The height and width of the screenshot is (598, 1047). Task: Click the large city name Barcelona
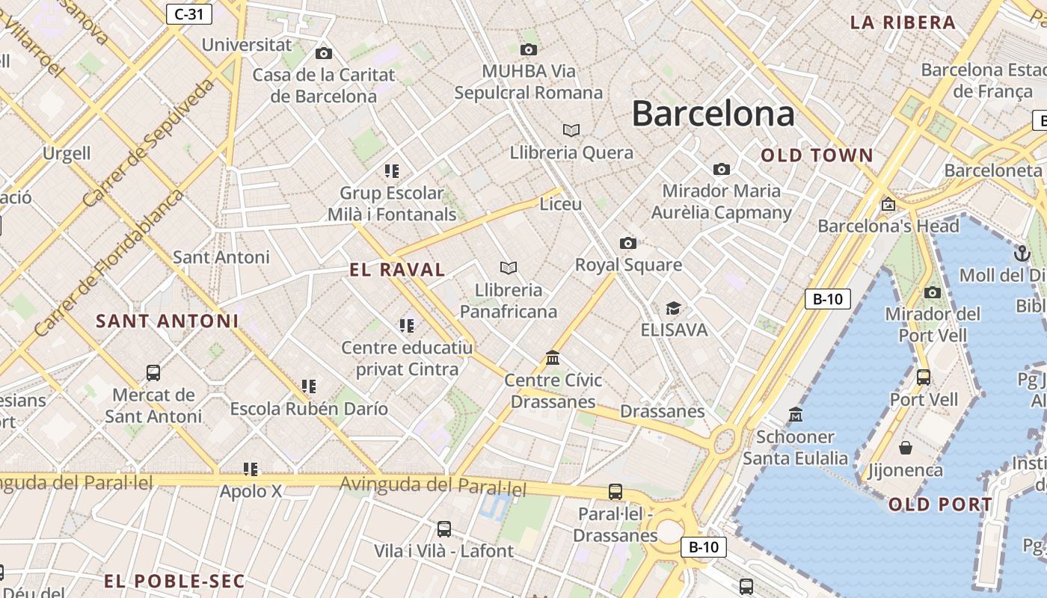coord(713,114)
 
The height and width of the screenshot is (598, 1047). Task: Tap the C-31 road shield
coord(189,13)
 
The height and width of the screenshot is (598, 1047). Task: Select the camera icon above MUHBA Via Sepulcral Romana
coord(529,50)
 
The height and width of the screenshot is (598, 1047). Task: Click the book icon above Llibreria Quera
coord(571,131)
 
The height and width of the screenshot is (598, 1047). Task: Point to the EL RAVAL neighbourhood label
coord(397,270)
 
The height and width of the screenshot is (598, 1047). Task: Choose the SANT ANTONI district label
coord(168,321)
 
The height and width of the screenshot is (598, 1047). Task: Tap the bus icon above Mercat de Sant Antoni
coord(153,372)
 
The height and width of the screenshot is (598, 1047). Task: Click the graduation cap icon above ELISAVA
coord(673,308)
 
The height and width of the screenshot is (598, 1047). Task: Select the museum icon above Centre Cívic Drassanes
coord(553,358)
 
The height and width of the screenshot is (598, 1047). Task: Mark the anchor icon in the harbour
coord(1022,253)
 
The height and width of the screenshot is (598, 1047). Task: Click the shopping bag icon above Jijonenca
coord(906,448)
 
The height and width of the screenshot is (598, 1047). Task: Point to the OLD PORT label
coord(940,505)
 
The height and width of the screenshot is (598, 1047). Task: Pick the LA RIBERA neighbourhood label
coord(903,22)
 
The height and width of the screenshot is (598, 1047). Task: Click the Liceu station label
coord(560,203)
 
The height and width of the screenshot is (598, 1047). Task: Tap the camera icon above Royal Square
coord(628,243)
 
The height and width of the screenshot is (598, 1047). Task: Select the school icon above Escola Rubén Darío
coord(309,386)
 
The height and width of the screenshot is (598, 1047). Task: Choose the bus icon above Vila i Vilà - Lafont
coord(444,529)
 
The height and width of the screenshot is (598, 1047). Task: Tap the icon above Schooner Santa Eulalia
coord(796,414)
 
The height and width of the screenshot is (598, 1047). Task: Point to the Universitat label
coord(247,45)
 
